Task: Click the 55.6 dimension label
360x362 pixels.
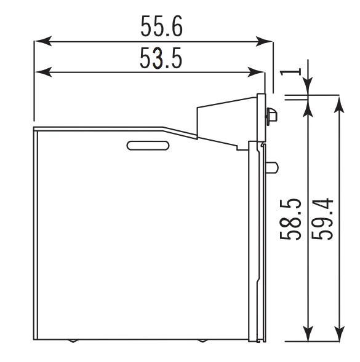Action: click(162, 26)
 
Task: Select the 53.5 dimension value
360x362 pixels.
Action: click(161, 58)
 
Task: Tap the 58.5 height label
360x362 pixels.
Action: click(290, 219)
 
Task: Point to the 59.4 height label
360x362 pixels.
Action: click(322, 219)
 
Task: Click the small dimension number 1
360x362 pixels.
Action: click(290, 72)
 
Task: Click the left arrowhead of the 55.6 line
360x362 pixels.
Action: click(44, 41)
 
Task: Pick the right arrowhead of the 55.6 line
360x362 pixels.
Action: click(264, 41)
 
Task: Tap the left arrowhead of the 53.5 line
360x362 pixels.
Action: click(44, 72)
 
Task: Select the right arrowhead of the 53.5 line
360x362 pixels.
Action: click(255, 72)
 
